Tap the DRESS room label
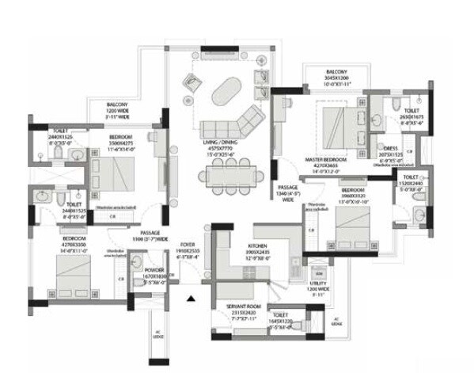click(391, 150)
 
